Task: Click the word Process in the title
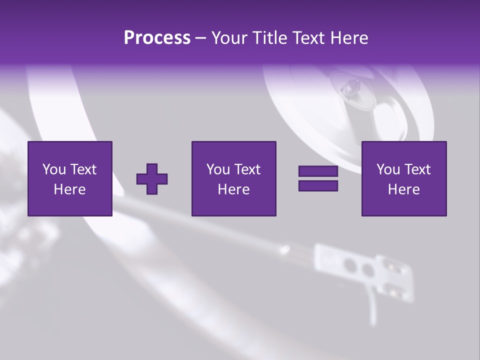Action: [x=157, y=38]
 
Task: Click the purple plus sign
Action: [x=152, y=178]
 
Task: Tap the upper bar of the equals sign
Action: [x=318, y=171]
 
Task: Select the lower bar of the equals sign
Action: [x=318, y=185]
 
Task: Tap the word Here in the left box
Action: [x=69, y=189]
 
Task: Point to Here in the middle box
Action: [x=233, y=189]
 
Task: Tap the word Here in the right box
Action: [x=403, y=189]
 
